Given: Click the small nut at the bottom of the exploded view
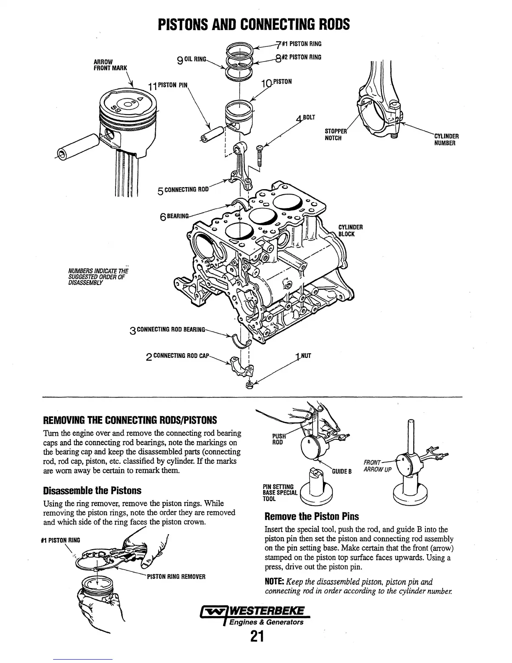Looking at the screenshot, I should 249,385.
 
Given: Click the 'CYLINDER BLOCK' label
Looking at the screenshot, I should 350,231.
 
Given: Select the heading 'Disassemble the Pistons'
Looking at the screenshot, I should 92,490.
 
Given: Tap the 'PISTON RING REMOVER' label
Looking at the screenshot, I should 176,576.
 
